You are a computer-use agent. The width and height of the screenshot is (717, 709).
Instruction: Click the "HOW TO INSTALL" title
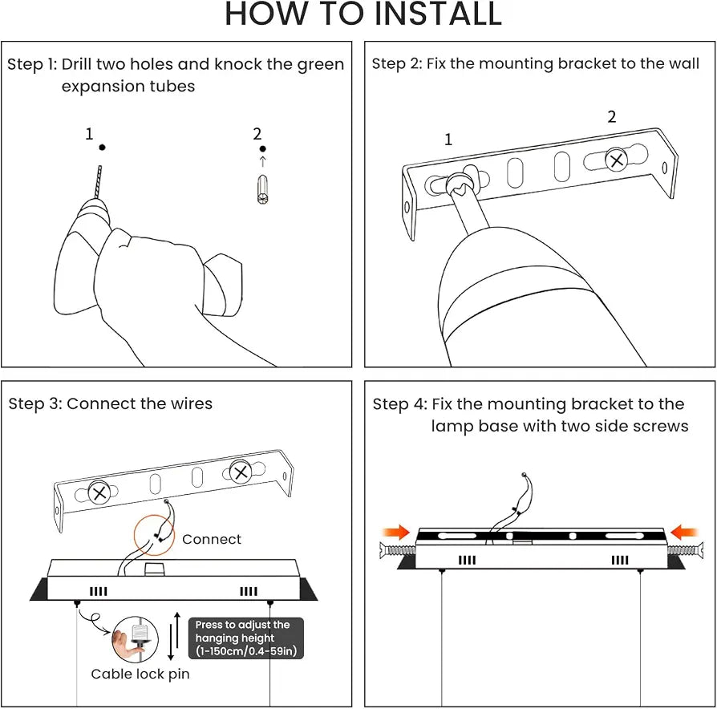pyautogui.click(x=363, y=14)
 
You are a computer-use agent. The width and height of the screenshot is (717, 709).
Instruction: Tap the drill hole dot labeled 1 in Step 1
pyautogui.click(x=103, y=148)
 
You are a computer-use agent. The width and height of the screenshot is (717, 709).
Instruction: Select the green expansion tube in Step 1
pyautogui.click(x=262, y=189)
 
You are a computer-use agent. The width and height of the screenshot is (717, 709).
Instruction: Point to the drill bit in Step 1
pyautogui.click(x=98, y=182)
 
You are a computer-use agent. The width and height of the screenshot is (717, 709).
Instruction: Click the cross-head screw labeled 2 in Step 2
pyautogui.click(x=617, y=160)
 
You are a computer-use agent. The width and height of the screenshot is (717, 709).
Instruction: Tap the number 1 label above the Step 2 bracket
pyautogui.click(x=448, y=139)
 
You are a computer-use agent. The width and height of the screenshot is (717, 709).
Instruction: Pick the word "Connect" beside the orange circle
pyautogui.click(x=211, y=539)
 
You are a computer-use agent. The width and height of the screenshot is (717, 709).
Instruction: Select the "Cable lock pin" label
pyautogui.click(x=140, y=674)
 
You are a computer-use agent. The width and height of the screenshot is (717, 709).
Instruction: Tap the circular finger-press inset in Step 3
pyautogui.click(x=136, y=639)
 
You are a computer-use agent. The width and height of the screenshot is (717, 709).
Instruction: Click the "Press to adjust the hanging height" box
pyautogui.click(x=246, y=638)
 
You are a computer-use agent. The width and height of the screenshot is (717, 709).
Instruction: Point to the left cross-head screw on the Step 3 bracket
pyautogui.click(x=99, y=492)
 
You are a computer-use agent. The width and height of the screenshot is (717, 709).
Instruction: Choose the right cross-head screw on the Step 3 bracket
pyautogui.click(x=241, y=472)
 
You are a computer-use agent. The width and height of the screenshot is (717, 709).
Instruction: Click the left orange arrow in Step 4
pyautogui.click(x=396, y=532)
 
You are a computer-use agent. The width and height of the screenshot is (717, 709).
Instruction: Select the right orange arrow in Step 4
pyautogui.click(x=684, y=532)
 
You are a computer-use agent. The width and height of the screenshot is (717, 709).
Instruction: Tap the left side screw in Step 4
pyautogui.click(x=397, y=550)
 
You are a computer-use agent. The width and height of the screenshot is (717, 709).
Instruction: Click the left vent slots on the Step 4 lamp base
pyautogui.click(x=467, y=560)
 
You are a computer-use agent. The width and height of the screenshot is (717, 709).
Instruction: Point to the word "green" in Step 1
pyautogui.click(x=321, y=65)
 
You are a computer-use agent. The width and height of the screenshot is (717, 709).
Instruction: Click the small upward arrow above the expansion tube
pyautogui.click(x=262, y=161)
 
